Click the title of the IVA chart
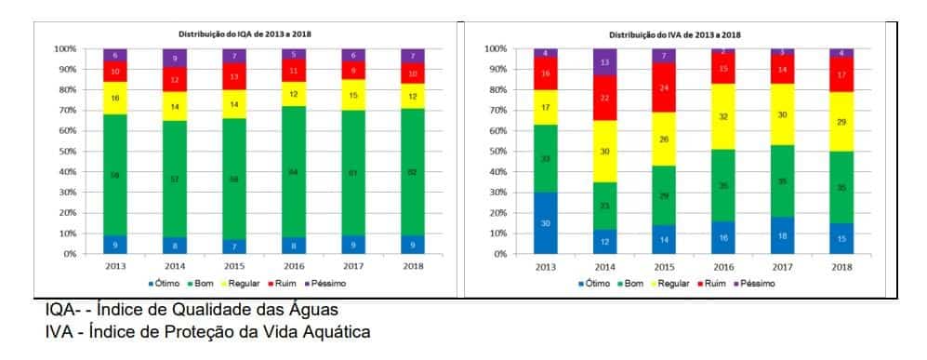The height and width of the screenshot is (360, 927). (674, 34)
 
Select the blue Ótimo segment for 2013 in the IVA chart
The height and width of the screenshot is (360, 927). (546, 223)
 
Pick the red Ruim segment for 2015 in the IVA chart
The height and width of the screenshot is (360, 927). (664, 88)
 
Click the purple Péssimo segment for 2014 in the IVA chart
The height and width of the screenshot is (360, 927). (605, 62)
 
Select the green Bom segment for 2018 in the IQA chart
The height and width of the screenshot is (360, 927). (412, 171)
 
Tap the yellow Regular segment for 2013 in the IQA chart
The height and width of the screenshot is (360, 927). (115, 98)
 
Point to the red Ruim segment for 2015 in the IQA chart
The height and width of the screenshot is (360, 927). (234, 77)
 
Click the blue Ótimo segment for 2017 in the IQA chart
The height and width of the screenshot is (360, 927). (352, 245)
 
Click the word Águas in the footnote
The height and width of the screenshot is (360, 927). (310, 310)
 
